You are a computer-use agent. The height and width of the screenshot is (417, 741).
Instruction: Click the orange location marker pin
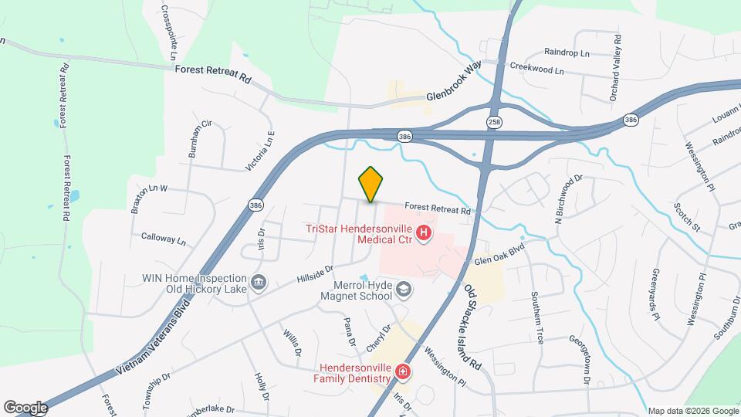click(370, 184)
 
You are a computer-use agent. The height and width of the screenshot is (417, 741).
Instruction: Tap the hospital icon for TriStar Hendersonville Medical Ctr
click(423, 232)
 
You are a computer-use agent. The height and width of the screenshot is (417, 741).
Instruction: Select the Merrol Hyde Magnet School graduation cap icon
click(402, 290)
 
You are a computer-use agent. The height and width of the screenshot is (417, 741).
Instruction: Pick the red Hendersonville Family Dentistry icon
click(401, 373)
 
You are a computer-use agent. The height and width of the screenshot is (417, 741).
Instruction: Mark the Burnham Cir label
click(200, 140)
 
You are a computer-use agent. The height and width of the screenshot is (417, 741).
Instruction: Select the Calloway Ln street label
click(164, 239)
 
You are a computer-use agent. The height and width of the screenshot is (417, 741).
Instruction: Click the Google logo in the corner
click(25, 408)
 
